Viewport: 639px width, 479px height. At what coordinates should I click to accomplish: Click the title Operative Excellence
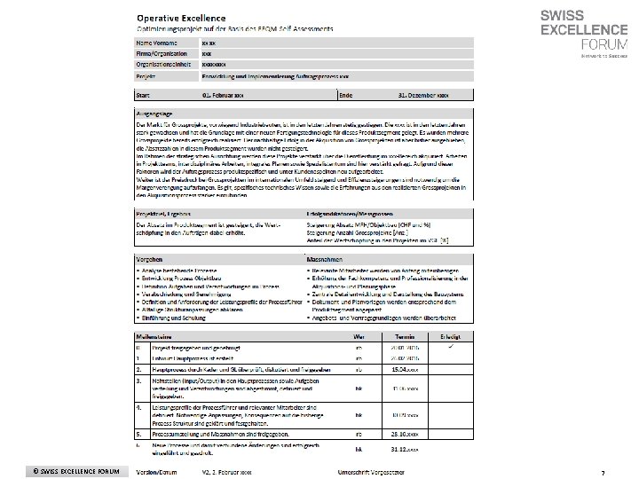(x=180, y=18)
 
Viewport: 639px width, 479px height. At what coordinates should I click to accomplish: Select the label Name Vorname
(x=156, y=42)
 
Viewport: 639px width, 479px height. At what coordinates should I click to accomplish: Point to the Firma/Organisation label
(x=162, y=53)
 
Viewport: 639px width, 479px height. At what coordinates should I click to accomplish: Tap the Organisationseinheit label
(x=162, y=65)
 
